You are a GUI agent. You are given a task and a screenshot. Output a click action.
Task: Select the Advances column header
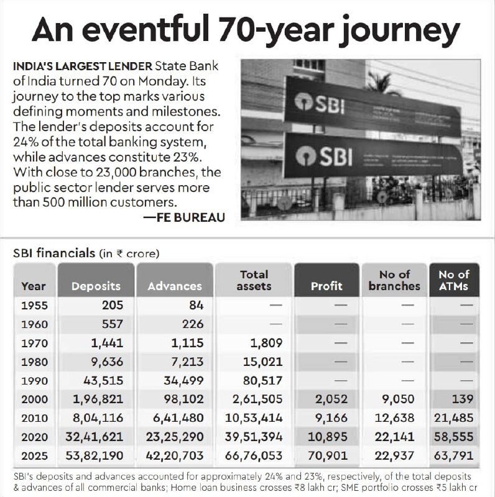click(x=175, y=286)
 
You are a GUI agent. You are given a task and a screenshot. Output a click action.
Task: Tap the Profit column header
click(x=326, y=286)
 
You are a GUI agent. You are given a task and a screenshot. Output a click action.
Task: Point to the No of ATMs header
click(x=453, y=280)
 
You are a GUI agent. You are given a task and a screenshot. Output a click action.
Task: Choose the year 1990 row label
click(x=34, y=381)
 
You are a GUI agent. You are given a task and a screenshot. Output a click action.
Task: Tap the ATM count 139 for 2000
click(x=461, y=399)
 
